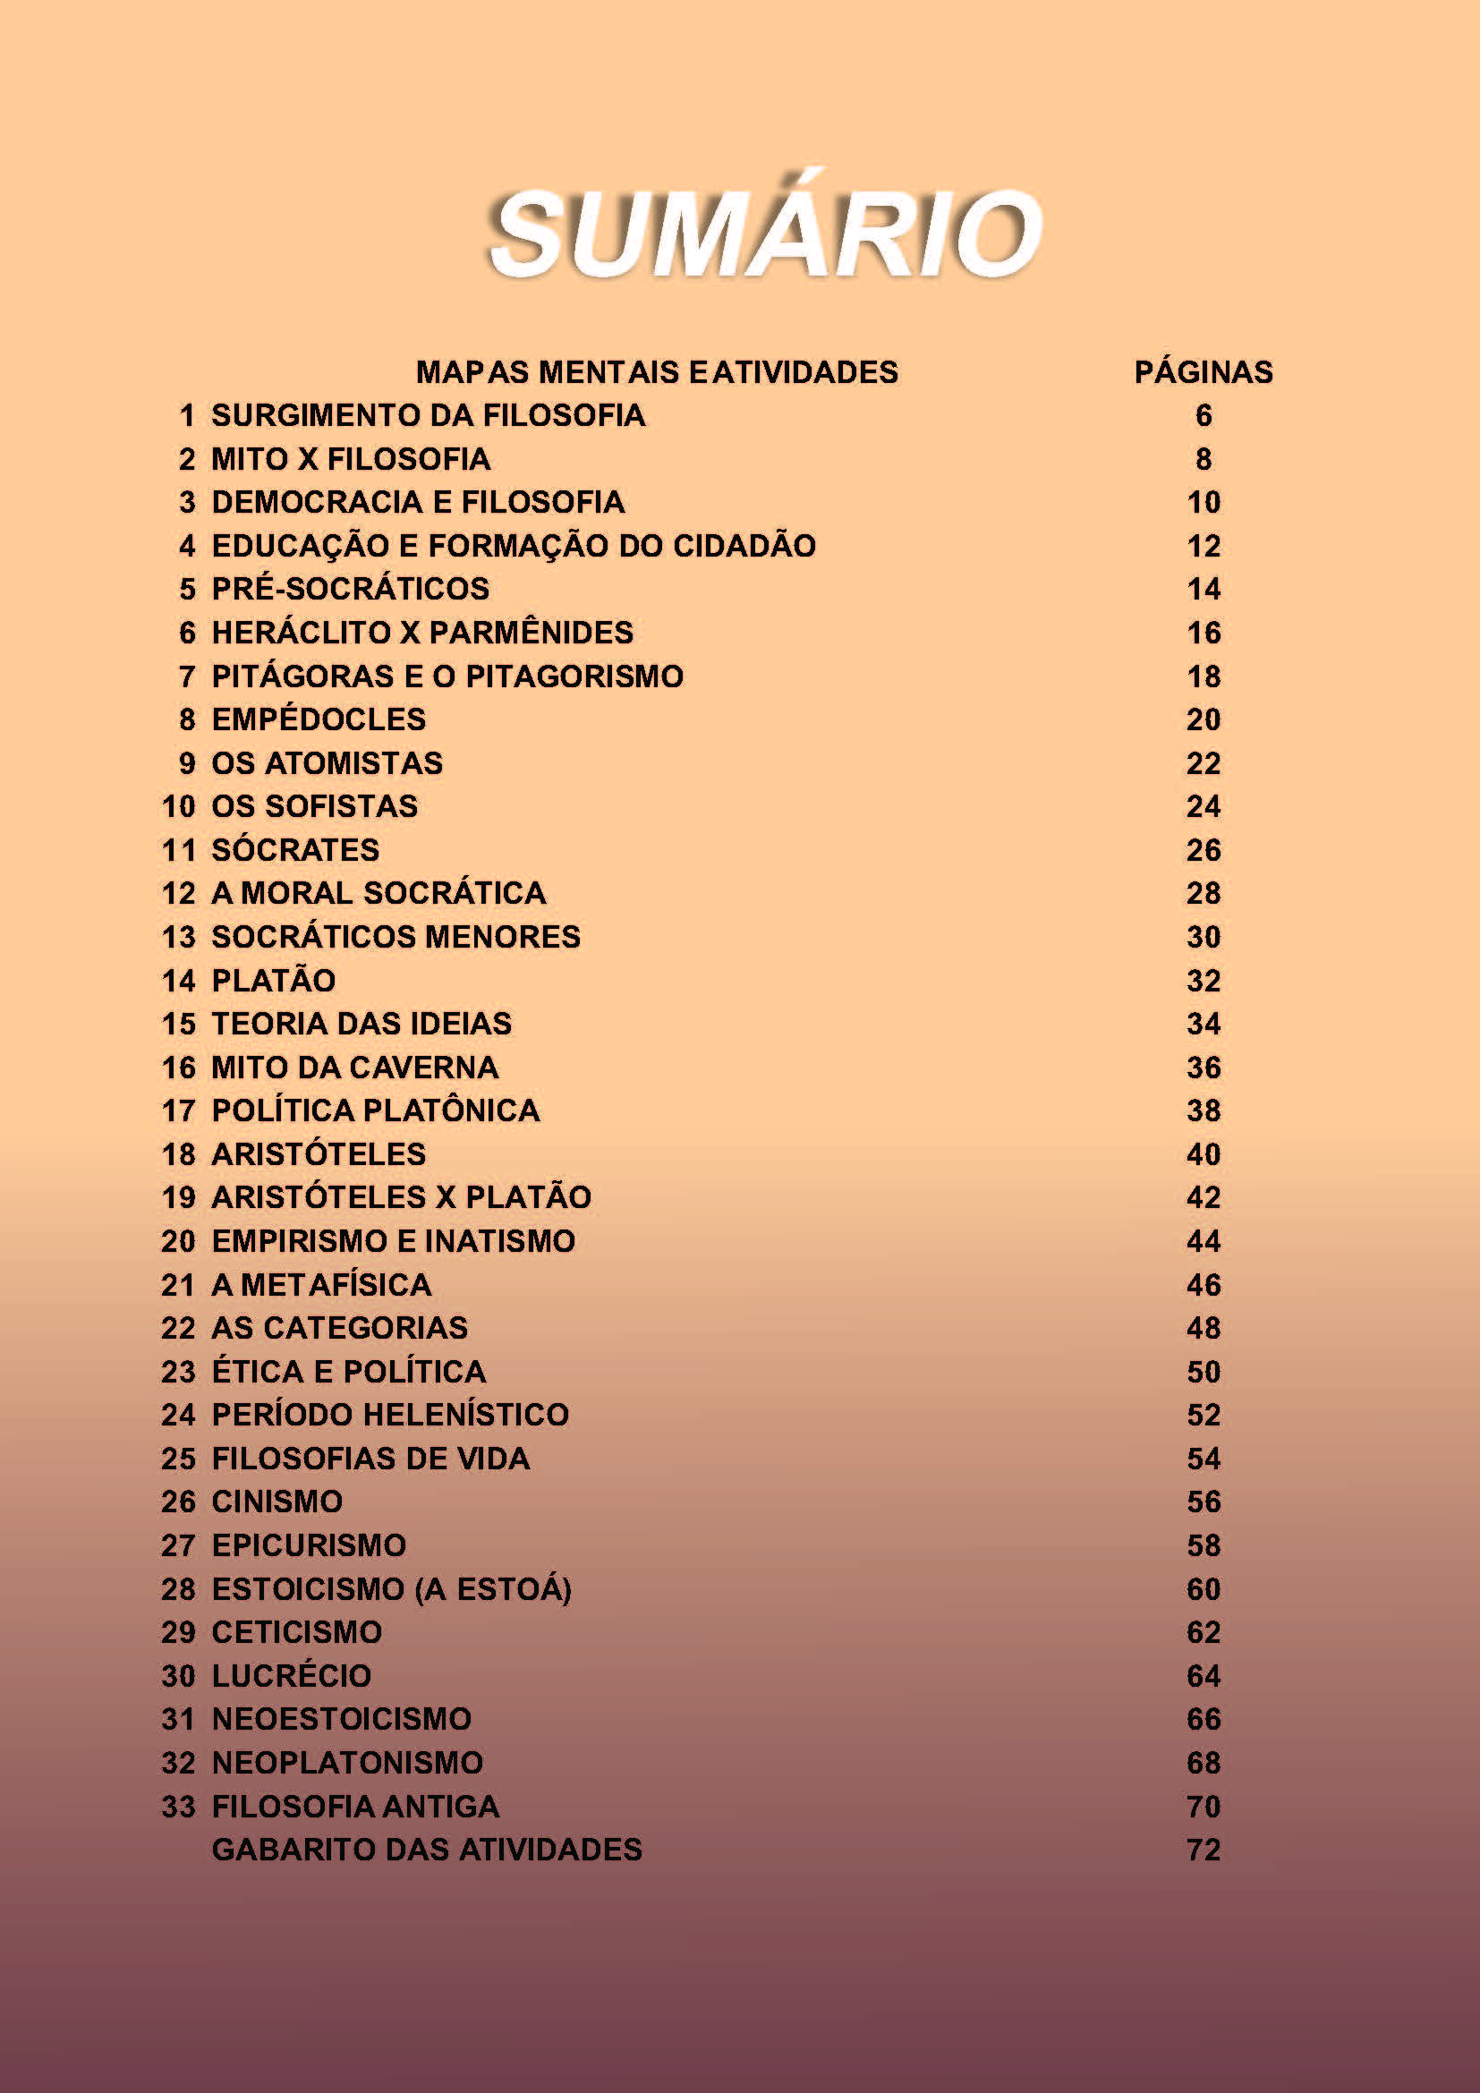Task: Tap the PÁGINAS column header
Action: coord(1203,372)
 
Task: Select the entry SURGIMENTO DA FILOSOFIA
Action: coord(428,416)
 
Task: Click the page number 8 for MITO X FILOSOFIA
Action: coord(1203,459)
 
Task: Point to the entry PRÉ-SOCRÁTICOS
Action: coord(350,589)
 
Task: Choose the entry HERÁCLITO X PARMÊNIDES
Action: coord(422,633)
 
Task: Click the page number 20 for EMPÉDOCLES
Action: coord(1203,720)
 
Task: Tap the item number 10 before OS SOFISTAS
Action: coord(179,807)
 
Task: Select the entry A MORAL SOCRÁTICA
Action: coord(379,893)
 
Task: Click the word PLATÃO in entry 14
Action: coord(274,981)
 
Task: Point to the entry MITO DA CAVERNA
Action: coord(354,1068)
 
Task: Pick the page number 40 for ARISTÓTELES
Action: coord(1203,1155)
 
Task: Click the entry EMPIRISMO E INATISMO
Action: coord(393,1242)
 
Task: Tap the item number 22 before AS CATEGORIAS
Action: coord(179,1328)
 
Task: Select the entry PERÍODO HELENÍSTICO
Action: coord(390,1415)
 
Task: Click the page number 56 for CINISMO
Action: coord(1203,1502)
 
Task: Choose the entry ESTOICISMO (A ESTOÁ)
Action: coord(391,1590)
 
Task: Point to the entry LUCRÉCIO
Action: coord(292,1676)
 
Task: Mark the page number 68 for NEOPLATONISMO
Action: coord(1203,1763)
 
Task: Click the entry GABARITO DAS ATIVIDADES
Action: coord(427,1850)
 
